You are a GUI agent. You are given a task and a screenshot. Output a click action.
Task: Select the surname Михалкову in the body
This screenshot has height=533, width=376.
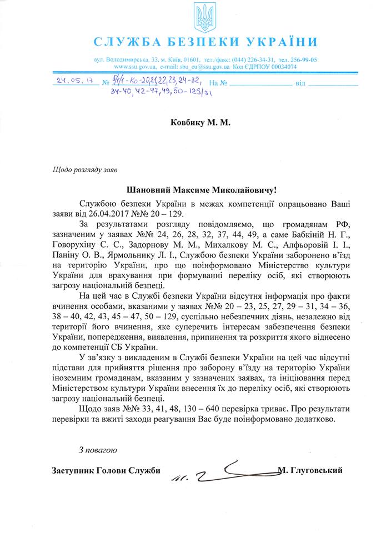(x=220, y=245)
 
